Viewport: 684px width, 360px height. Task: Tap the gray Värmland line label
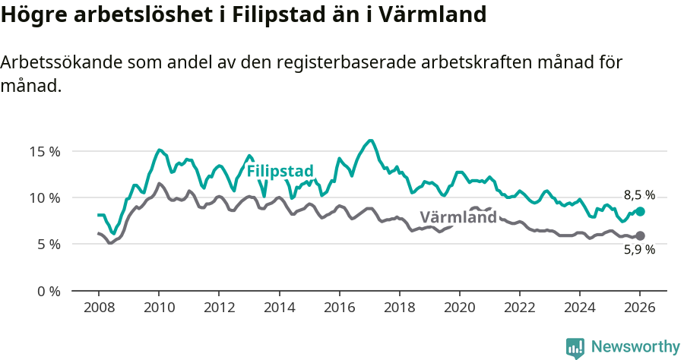pyautogui.click(x=458, y=217)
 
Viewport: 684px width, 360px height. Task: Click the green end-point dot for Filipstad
pyautogui.click(x=640, y=211)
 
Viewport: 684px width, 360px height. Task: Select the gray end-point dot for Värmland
pyautogui.click(x=640, y=236)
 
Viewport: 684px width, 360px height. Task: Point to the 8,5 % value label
pyautogui.click(x=639, y=195)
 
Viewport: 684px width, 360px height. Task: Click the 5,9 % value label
pyautogui.click(x=639, y=250)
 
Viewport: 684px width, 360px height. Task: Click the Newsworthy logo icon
pyautogui.click(x=575, y=348)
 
